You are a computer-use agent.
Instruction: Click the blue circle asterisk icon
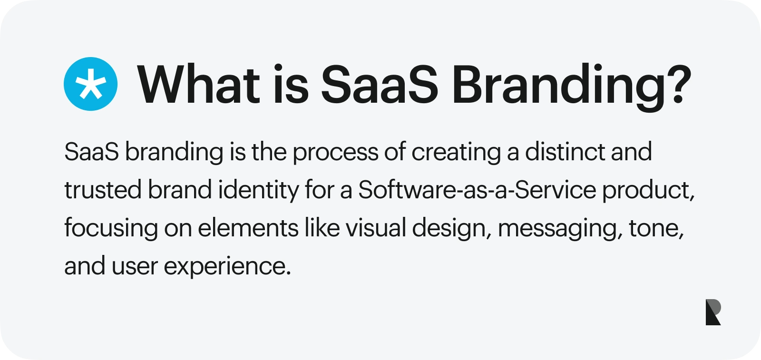click(90, 84)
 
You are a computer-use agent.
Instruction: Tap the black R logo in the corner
click(713, 312)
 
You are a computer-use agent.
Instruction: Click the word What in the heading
click(198, 84)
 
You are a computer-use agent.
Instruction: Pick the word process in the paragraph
click(335, 153)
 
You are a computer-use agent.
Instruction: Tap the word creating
click(456, 153)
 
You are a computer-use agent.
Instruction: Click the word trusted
click(103, 190)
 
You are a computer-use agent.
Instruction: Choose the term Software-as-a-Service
click(477, 190)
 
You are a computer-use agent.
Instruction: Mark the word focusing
click(111, 229)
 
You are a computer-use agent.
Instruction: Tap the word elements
click(248, 228)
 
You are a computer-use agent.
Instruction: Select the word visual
click(375, 228)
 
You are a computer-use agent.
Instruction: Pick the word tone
click(656, 228)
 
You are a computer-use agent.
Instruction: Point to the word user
click(135, 266)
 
